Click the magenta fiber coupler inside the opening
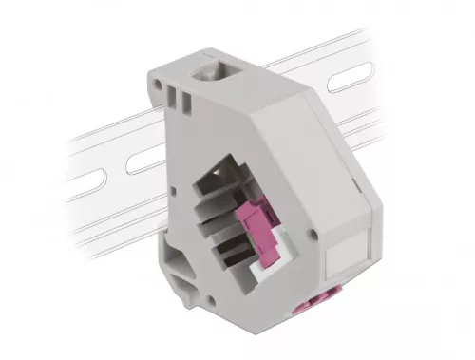point(260,232)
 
